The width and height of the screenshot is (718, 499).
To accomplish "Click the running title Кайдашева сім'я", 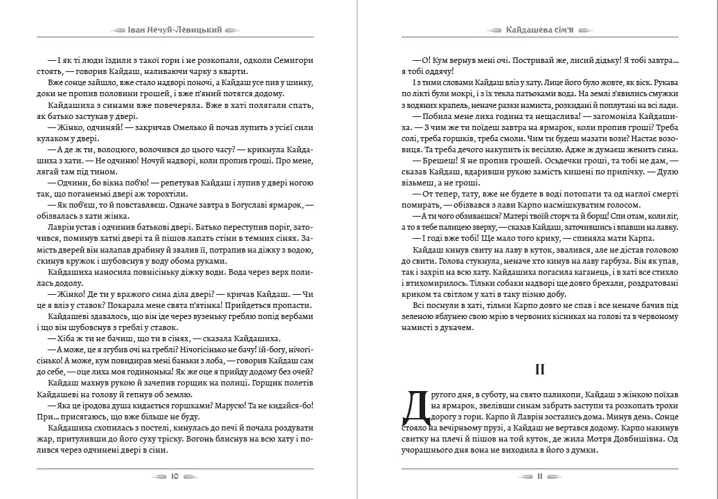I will click(541, 30).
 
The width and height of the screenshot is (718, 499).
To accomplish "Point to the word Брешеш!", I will click(429, 161).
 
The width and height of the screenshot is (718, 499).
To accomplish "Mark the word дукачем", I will click(455, 328).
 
